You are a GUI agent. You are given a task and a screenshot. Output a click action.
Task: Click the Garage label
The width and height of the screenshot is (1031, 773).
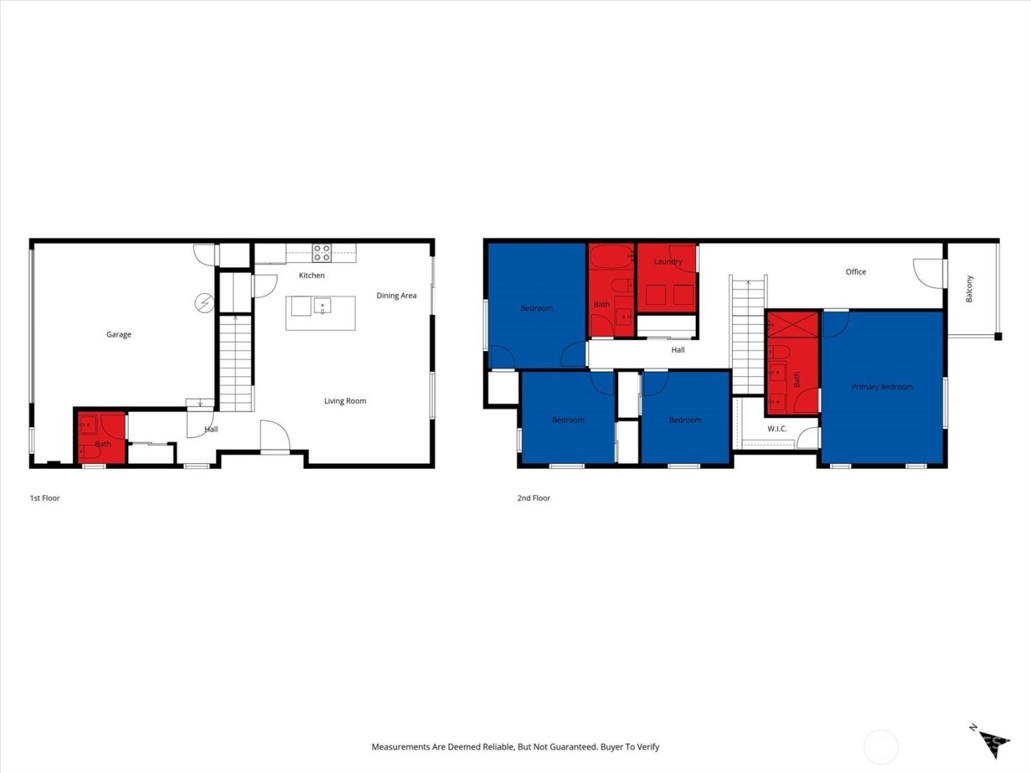click(x=119, y=334)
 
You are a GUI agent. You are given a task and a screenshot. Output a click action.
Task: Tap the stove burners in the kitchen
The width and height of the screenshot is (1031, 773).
click(x=322, y=253)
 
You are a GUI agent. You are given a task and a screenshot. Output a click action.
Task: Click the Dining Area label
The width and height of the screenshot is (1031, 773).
click(x=396, y=296)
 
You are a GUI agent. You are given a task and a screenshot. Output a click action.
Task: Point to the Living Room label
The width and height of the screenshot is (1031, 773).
click(x=345, y=401)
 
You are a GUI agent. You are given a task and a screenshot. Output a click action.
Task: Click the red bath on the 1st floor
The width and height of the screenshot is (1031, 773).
click(x=102, y=438)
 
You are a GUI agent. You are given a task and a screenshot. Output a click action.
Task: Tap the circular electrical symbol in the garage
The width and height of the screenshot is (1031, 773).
click(x=204, y=302)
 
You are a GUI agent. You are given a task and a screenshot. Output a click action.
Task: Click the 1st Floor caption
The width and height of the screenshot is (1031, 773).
click(x=45, y=498)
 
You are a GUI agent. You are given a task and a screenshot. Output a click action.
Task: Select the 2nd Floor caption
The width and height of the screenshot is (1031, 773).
click(x=534, y=498)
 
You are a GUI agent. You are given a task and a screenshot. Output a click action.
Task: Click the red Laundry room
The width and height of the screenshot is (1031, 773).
click(x=667, y=280)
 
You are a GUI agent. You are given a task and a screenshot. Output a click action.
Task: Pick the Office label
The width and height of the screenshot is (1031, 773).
click(x=856, y=272)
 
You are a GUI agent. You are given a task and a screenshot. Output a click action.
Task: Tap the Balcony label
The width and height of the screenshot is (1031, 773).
click(x=969, y=289)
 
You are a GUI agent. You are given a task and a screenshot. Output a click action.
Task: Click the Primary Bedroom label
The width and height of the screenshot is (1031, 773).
click(x=882, y=387)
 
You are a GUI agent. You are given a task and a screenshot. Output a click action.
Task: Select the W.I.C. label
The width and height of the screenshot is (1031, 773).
click(x=777, y=428)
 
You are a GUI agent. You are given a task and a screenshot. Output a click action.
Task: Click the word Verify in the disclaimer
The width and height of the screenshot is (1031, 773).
click(x=648, y=746)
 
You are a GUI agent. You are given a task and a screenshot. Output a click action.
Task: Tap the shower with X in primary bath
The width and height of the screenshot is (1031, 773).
click(x=793, y=324)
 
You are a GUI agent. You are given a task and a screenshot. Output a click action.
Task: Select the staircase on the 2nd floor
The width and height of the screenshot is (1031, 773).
click(x=748, y=335)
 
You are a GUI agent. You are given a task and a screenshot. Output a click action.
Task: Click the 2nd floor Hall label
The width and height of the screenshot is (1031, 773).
click(x=678, y=350)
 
